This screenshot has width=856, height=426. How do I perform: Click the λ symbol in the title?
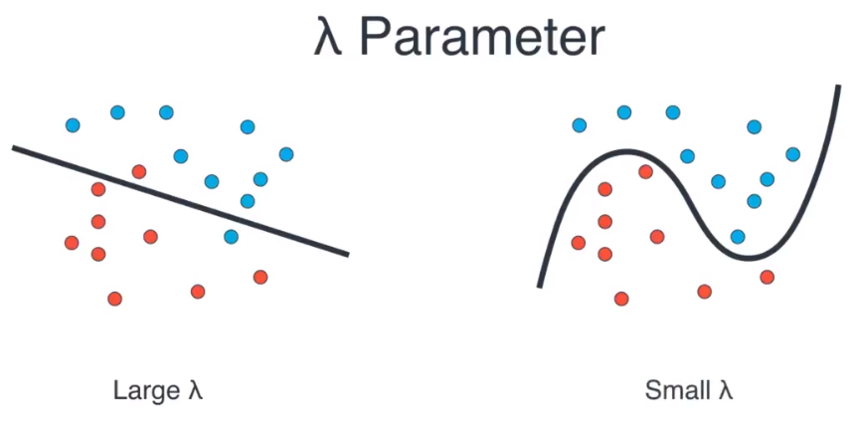(330, 40)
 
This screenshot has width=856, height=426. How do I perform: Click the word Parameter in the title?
(481, 40)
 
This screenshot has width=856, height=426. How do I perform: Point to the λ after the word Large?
(195, 390)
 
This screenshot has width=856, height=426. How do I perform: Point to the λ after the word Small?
(725, 390)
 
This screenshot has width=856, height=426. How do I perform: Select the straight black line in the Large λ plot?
(180, 200)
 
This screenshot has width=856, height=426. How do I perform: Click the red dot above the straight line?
(138, 171)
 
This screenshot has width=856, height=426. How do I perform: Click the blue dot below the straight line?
(231, 237)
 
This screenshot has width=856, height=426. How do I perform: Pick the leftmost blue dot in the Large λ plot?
(72, 125)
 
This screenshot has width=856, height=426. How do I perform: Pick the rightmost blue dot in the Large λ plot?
(286, 154)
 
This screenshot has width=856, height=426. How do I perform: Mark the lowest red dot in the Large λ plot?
(114, 299)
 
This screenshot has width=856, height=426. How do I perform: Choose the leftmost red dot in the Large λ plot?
(71, 243)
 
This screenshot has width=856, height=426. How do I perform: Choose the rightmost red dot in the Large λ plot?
(260, 277)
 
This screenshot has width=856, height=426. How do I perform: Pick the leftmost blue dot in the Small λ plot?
(579, 125)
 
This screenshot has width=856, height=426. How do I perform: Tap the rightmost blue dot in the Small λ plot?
(792, 154)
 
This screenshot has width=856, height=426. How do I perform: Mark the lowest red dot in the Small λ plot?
(621, 299)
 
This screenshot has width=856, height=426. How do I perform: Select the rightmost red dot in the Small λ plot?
(767, 277)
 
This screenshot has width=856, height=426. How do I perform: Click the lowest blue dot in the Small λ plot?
(738, 237)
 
